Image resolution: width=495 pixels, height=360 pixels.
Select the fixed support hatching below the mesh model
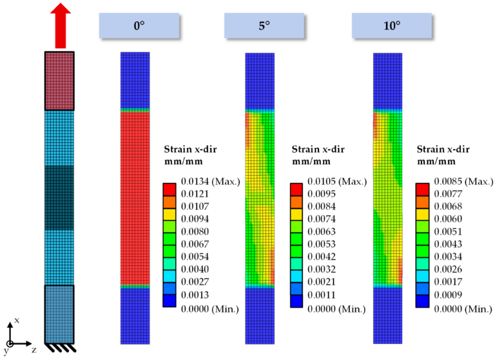60,348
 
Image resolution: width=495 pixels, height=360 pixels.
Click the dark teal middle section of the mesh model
59,198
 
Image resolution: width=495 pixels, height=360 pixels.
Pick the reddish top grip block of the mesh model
59,81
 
